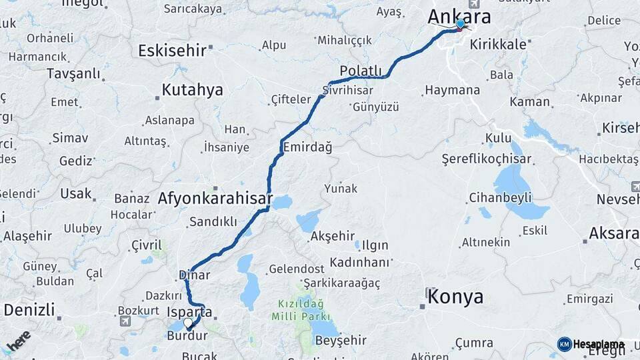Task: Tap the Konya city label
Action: (455, 297)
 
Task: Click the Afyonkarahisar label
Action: (215, 198)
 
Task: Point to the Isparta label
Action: (190, 311)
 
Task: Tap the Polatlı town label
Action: (361, 71)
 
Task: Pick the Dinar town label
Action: (194, 275)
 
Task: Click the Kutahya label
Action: (192, 90)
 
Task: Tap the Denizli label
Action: (29, 310)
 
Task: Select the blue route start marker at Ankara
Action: (460, 24)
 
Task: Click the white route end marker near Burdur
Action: (188, 323)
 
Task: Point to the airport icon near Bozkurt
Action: (125, 321)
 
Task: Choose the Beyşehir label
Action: (340, 341)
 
